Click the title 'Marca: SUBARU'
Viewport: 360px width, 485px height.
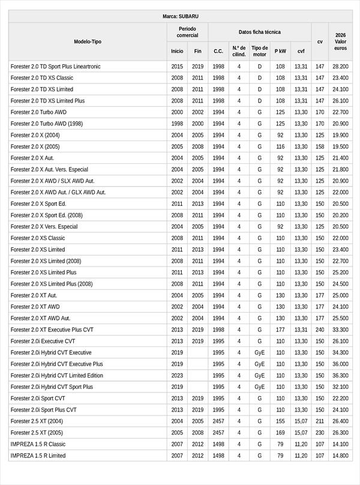coord(180,16)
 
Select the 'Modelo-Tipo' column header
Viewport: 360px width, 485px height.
coord(88,41)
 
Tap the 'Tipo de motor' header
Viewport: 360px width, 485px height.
coord(260,51)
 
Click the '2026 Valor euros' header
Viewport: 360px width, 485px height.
coord(341,41)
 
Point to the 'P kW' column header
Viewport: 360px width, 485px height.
coord(280,51)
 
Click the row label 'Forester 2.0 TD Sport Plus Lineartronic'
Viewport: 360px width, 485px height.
coord(56,67)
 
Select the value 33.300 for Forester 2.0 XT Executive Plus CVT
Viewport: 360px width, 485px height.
coord(341,330)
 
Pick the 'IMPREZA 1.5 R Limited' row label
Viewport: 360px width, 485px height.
coord(38,456)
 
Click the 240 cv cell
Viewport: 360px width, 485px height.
coord(320,330)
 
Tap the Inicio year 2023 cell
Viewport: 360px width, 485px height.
coord(177,376)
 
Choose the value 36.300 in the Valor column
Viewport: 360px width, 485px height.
coord(341,376)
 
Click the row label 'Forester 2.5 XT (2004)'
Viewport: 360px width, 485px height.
coord(37,421)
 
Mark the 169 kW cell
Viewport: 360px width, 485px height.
coord(280,433)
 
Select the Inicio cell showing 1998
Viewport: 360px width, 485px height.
coord(177,124)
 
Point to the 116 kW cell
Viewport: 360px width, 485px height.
coord(280,146)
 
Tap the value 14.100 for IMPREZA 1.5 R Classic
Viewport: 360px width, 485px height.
coord(341,444)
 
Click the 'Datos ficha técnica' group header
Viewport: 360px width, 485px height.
coord(260,32)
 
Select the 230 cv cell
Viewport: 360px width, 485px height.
coord(320,433)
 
